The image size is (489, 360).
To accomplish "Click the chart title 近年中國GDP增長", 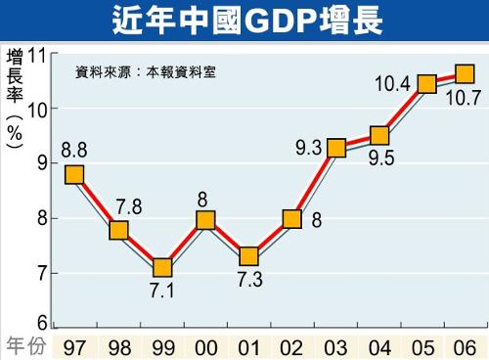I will coord(244,20).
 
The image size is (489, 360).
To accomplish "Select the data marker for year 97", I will coord(74,175).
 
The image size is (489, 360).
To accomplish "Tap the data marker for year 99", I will coord(161,267).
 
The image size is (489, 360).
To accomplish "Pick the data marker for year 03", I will coord(336,149).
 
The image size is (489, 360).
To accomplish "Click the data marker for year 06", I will coord(465,74).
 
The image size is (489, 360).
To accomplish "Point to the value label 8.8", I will coord(74,151).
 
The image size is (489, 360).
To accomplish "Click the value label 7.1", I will coord(161,291).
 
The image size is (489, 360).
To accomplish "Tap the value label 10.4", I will coord(393,83).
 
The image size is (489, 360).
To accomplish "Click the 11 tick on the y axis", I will coord(38,56).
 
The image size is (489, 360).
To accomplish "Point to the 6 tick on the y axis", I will coord(43,324).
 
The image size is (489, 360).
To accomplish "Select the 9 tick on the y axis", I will coord(43,163).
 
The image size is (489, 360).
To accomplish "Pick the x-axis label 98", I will coord(118,347).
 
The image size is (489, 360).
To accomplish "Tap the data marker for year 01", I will coord(248,256).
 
